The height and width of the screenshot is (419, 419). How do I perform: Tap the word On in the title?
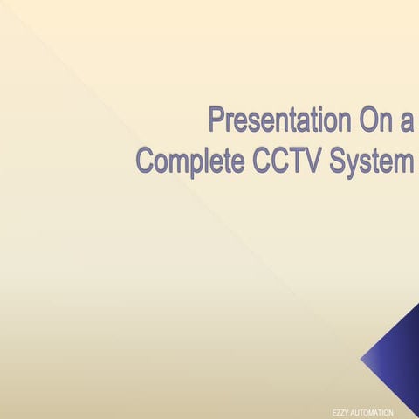click(x=369, y=119)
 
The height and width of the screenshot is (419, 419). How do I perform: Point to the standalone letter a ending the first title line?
click(x=405, y=121)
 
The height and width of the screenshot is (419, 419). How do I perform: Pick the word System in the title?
click(x=372, y=161)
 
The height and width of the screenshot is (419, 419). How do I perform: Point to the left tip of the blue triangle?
click(x=361, y=359)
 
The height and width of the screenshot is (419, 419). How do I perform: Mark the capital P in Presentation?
click(x=218, y=119)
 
